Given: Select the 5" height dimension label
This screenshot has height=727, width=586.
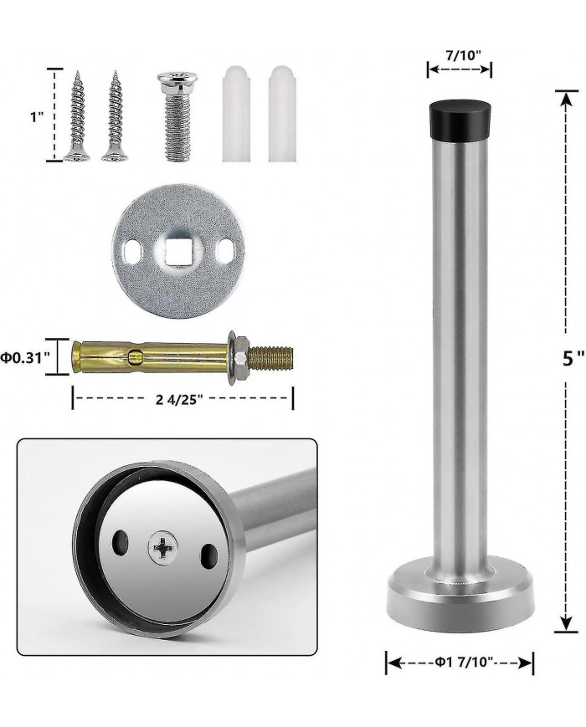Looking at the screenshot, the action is click(573, 357).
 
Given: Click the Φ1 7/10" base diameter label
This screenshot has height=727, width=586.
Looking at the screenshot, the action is click(463, 662).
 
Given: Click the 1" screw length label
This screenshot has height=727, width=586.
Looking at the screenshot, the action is click(37, 117).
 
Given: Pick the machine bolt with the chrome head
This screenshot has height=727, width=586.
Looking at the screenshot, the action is click(177, 116).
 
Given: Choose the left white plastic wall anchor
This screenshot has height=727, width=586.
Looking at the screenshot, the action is click(236, 114).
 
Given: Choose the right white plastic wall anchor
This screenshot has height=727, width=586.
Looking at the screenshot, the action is click(282, 114).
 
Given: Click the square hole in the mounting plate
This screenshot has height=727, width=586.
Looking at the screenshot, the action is click(178, 252).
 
